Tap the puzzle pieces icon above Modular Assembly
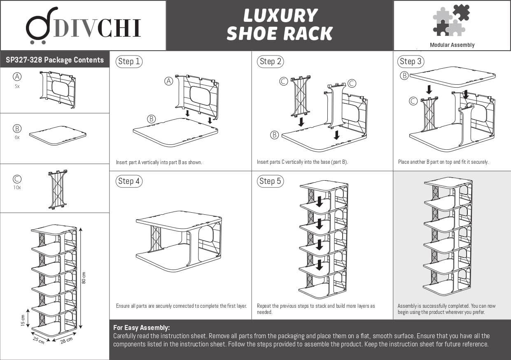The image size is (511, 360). [452, 20]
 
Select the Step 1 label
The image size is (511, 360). [129, 62]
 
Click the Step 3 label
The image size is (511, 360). [411, 62]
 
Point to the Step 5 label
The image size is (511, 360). [270, 181]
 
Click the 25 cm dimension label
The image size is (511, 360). [38, 340]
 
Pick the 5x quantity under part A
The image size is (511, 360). [17, 86]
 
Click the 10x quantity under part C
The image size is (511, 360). [17, 187]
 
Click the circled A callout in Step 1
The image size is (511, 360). [168, 81]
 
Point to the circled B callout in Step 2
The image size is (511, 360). [274, 135]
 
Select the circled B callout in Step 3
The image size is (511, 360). [404, 76]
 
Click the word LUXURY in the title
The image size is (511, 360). [280, 16]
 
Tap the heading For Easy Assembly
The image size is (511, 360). [141, 328]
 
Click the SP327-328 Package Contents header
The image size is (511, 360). [55, 60]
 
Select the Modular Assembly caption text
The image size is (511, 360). [452, 45]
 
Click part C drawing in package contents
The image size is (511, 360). [58, 189]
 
